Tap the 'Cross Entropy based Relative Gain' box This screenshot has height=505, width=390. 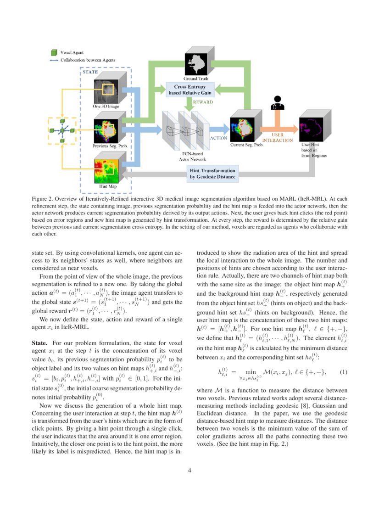189,89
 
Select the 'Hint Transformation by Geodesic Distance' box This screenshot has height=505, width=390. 212,173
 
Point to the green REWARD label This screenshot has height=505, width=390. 203,102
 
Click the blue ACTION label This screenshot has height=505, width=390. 218,138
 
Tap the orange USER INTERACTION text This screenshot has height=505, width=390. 277,137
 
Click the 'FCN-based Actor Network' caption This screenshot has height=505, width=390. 183,155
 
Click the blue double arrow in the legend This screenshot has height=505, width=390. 54,60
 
